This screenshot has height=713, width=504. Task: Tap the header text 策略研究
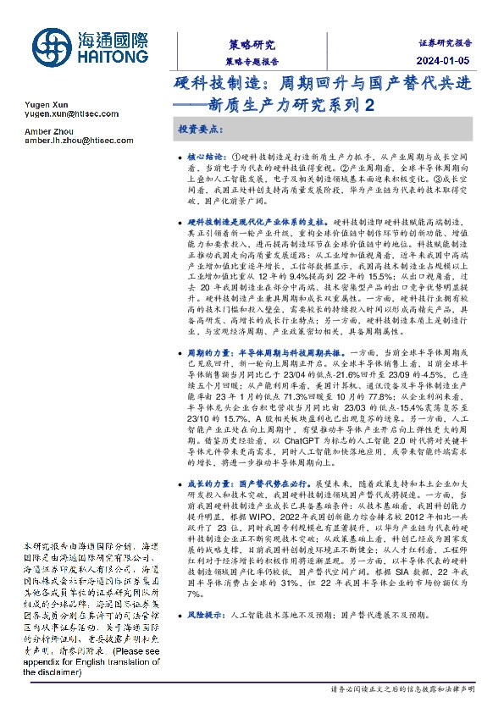[x=252, y=44]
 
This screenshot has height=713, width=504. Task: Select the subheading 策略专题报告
[x=252, y=62]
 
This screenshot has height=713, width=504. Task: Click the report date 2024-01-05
[x=449, y=62]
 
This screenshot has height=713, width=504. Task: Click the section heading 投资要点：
[x=200, y=130]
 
